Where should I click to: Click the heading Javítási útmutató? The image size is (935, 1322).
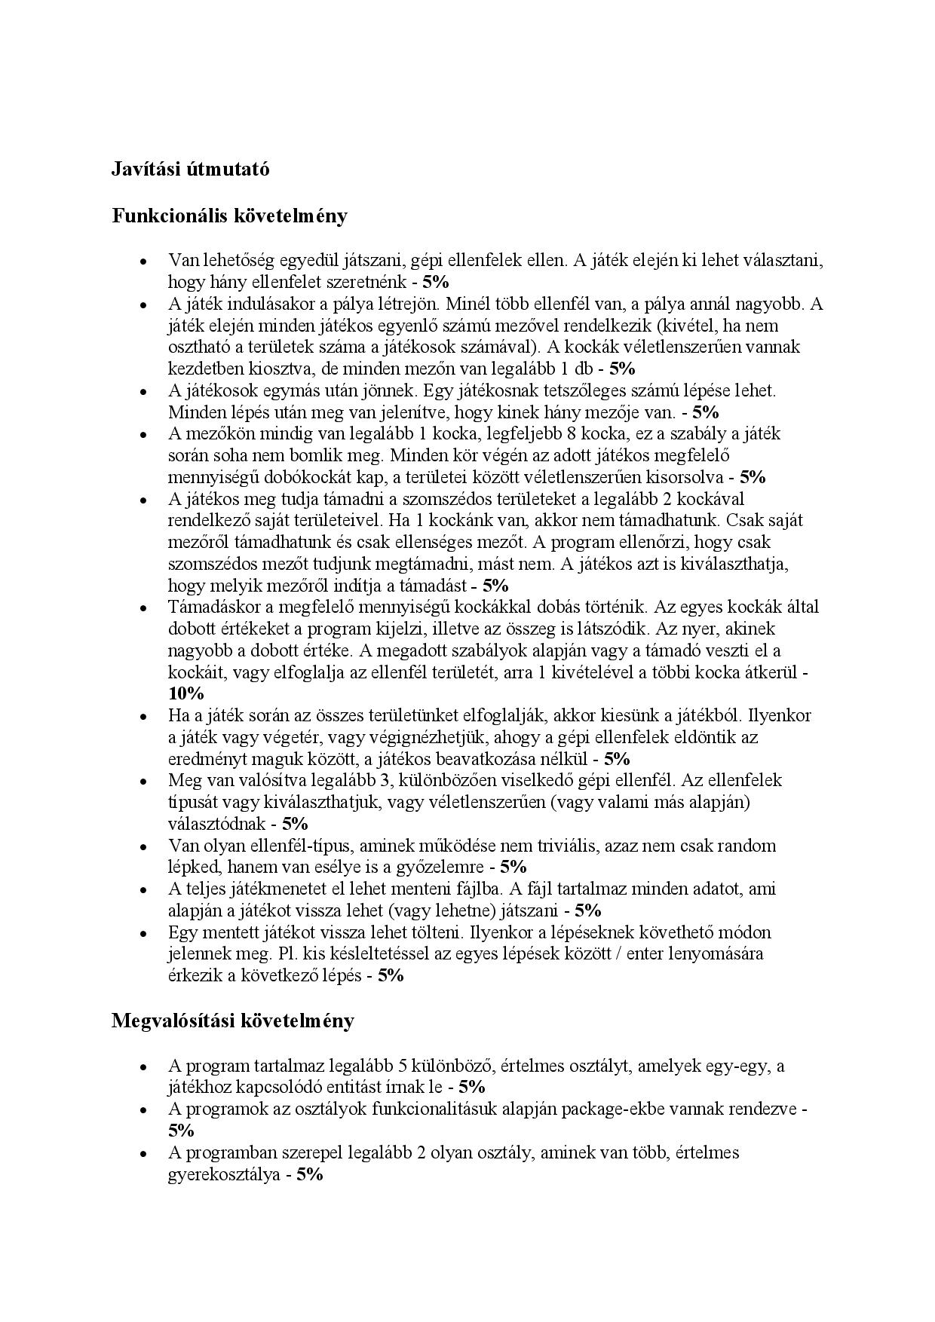[x=190, y=170]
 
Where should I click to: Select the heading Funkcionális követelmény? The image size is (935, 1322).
[x=229, y=216]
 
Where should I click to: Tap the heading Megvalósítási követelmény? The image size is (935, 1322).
[x=232, y=1021]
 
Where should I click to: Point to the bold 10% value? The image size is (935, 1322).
[x=185, y=693]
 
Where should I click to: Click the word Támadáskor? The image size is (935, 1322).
[x=215, y=607]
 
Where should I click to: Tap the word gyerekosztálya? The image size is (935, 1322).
[x=223, y=1174]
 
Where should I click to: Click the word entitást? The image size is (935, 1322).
[x=346, y=1087]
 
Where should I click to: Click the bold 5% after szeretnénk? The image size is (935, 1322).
[x=435, y=283]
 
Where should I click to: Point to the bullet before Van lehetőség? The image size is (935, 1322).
[x=142, y=262]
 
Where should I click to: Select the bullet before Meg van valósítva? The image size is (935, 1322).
[x=142, y=781]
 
